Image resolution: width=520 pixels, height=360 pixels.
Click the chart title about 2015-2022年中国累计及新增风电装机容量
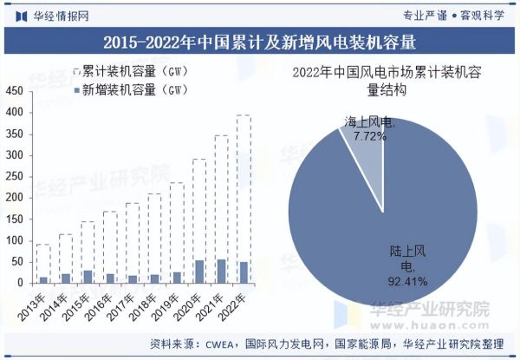(x=259, y=42)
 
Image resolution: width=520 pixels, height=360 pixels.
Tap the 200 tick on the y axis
(x=13, y=197)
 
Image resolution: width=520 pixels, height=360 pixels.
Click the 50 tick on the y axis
(x=16, y=261)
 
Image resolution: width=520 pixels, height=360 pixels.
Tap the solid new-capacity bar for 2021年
(x=221, y=271)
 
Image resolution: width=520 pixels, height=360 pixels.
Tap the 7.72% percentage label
(x=369, y=136)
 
